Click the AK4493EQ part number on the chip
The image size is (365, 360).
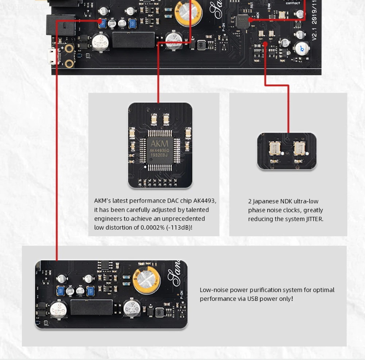click(x=159, y=150)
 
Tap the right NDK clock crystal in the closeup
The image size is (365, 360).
click(x=299, y=148)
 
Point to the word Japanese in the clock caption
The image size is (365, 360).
click(x=266, y=202)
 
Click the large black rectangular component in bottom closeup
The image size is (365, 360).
click(x=91, y=307)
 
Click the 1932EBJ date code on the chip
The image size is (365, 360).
click(x=159, y=155)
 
